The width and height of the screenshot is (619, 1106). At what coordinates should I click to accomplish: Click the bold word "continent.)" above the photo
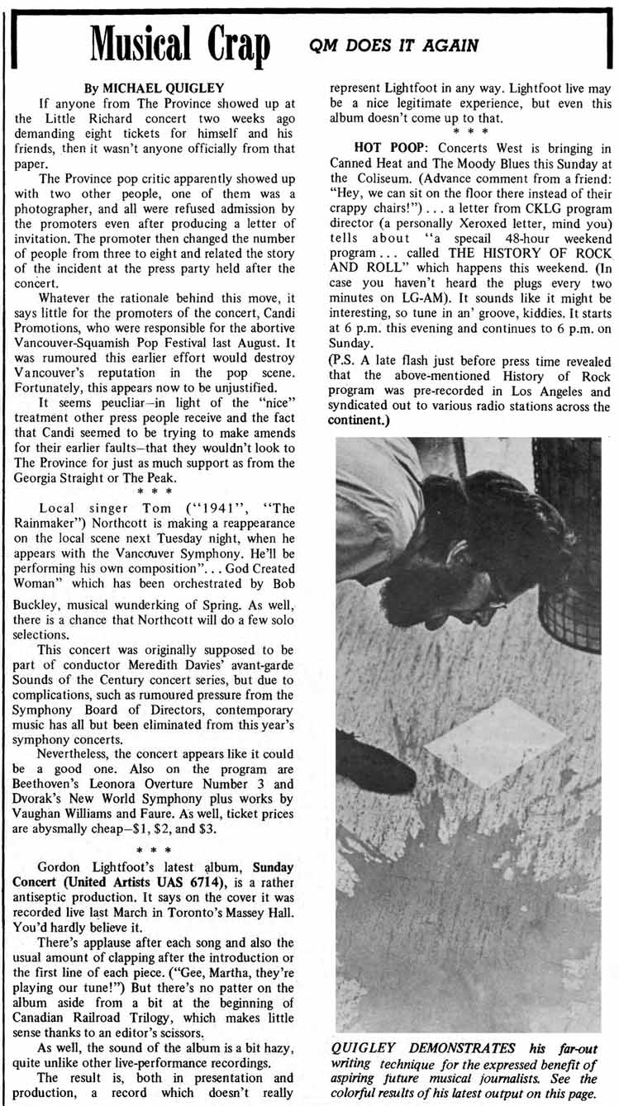(x=359, y=420)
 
